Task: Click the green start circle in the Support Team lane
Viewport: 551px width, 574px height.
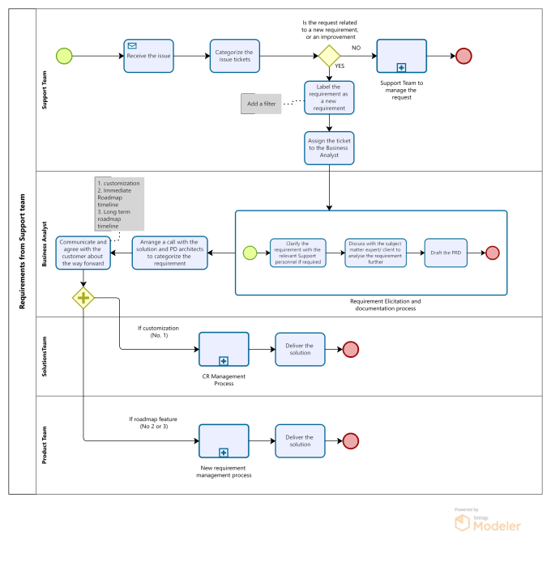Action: click(64, 56)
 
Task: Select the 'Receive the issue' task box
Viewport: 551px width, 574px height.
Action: click(149, 56)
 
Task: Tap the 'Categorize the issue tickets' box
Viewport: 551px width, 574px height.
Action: click(235, 56)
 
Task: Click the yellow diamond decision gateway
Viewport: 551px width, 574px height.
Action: click(328, 56)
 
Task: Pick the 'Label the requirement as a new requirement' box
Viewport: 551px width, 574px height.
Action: click(329, 97)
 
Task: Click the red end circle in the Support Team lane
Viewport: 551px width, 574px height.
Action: click(463, 56)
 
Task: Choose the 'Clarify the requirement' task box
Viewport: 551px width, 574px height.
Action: click(297, 253)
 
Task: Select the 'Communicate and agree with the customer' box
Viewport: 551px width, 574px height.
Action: click(82, 253)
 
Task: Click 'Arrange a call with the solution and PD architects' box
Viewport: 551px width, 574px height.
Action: click(169, 253)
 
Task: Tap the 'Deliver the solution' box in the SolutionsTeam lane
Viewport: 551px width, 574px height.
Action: click(300, 349)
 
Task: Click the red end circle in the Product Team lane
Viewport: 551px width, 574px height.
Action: click(350, 441)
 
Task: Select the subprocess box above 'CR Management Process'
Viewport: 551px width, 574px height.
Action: click(224, 349)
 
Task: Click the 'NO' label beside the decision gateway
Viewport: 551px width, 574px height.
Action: click(356, 48)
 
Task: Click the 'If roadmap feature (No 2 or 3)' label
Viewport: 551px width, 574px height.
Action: click(153, 423)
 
